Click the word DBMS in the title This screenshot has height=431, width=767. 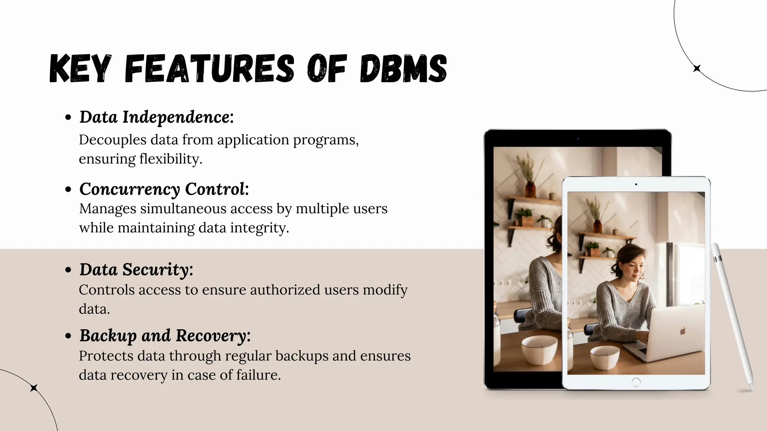pos(403,68)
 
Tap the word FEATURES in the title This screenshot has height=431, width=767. pos(209,68)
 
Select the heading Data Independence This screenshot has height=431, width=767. pos(156,117)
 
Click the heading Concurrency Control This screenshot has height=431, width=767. pos(164,189)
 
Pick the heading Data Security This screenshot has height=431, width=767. pos(136,270)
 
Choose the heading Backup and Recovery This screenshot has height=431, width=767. pos(165,336)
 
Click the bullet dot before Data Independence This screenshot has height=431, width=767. pos(68,117)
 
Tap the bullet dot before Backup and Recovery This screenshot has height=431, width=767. pos(68,336)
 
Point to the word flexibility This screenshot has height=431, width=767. pos(171,159)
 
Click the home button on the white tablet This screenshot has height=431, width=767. pos(636,382)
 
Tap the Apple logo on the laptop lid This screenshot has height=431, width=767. pos(682,330)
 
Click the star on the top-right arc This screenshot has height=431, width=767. pos(697,68)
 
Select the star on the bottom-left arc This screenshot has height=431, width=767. pos(34,388)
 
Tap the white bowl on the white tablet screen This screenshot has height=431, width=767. pos(605,357)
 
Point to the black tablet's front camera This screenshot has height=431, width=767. pos(578,139)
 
